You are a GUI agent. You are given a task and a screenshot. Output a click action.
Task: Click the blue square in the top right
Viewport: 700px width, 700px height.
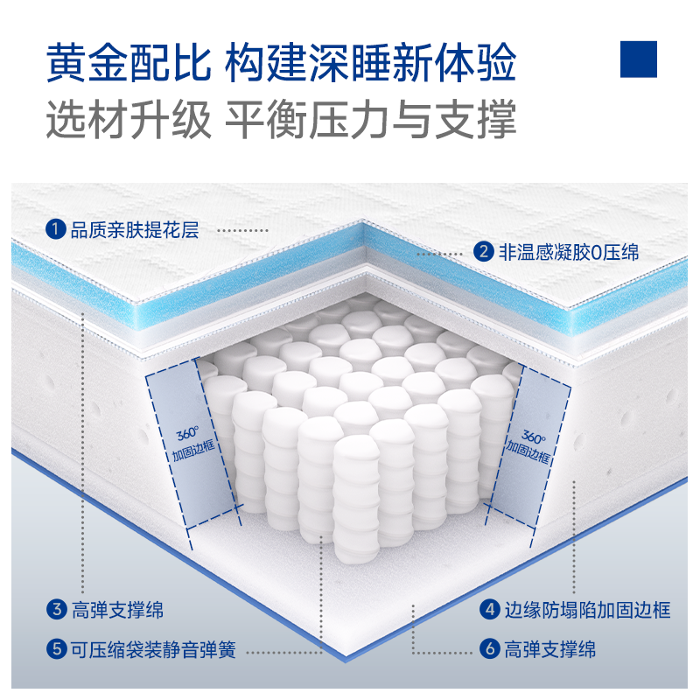pyautogui.click(x=639, y=59)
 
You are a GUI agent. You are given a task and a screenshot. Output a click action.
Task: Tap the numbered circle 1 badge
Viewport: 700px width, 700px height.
pyautogui.click(x=55, y=229)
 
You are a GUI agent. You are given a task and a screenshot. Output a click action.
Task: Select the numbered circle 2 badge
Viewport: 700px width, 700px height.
pyautogui.click(x=484, y=252)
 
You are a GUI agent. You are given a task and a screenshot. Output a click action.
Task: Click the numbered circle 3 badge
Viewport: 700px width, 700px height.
pyautogui.click(x=57, y=609)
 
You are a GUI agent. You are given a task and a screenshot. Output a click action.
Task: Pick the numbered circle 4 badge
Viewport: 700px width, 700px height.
pyautogui.click(x=490, y=609)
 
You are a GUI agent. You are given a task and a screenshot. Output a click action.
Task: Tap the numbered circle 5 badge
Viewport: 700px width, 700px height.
pyautogui.click(x=57, y=648)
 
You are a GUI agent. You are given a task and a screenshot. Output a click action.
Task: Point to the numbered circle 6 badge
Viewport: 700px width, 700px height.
pyautogui.click(x=490, y=648)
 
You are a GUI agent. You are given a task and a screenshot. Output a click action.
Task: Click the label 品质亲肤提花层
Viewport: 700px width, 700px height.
pyautogui.click(x=135, y=230)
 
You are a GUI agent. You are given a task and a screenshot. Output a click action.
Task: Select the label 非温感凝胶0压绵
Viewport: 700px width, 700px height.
pyautogui.click(x=569, y=252)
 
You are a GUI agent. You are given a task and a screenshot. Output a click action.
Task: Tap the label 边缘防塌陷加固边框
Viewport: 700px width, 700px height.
pyautogui.click(x=587, y=610)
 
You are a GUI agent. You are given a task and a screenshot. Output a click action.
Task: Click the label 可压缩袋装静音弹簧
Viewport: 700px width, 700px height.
pyautogui.click(x=154, y=649)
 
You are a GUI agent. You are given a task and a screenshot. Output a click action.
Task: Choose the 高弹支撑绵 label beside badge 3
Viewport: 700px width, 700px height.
pyautogui.click(x=117, y=610)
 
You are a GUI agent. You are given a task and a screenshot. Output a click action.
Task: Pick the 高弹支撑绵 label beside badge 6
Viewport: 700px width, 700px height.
pyautogui.click(x=550, y=649)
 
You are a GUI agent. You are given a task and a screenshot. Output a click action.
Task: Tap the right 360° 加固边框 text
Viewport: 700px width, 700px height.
pyautogui.click(x=529, y=446)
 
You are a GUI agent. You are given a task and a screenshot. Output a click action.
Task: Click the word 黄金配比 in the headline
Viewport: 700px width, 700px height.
pyautogui.click(x=129, y=62)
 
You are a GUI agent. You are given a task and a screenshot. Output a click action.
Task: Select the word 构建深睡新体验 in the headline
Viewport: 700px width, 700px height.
pyautogui.click(x=370, y=62)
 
